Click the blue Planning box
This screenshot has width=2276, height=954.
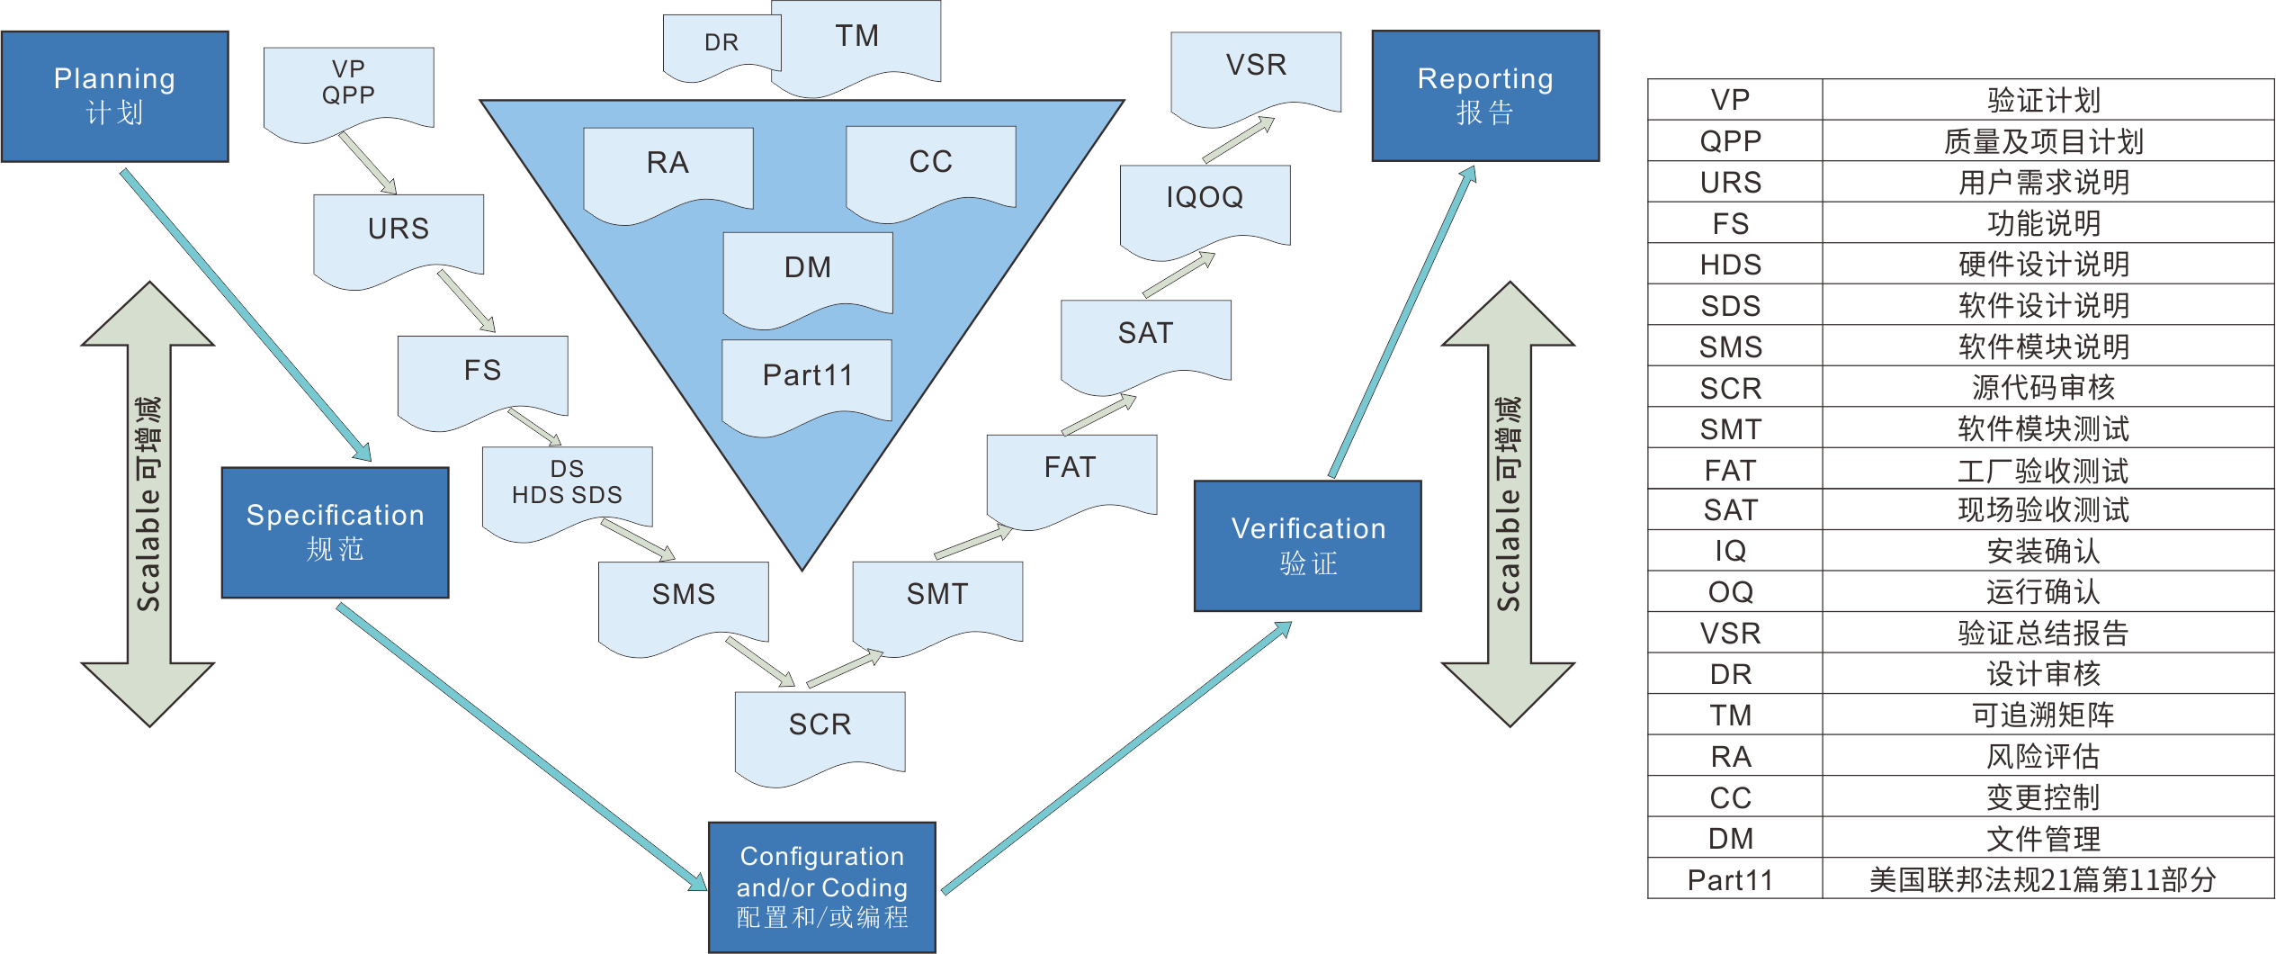115,96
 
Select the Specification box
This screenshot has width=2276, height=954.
335,532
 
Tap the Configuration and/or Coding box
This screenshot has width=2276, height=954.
821,886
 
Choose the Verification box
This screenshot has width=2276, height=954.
1307,546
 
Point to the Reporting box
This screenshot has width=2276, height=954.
1485,96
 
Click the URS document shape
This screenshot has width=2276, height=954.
399,234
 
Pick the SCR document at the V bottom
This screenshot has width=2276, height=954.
820,731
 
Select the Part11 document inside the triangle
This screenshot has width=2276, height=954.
807,380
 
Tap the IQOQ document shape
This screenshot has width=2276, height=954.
1205,203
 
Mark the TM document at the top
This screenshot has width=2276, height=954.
856,40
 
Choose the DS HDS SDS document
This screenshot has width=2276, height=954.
567,486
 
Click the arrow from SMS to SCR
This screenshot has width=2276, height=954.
760,661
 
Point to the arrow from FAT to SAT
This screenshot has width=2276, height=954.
1099,415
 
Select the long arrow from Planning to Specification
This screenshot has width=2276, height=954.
246,315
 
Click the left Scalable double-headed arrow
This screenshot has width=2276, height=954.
148,504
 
